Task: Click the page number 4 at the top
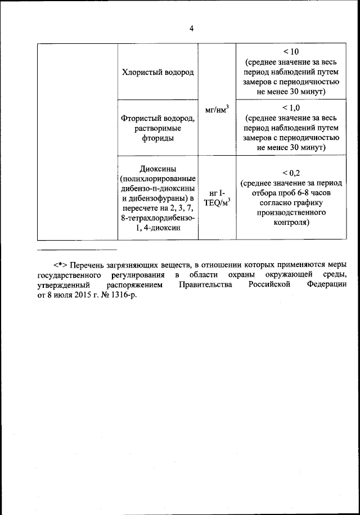pos(191,29)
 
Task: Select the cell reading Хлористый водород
pos(157,73)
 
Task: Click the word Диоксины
pos(157,169)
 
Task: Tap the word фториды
pos(157,138)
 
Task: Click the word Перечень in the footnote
pos(89,264)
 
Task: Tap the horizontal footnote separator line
pos(76,249)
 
